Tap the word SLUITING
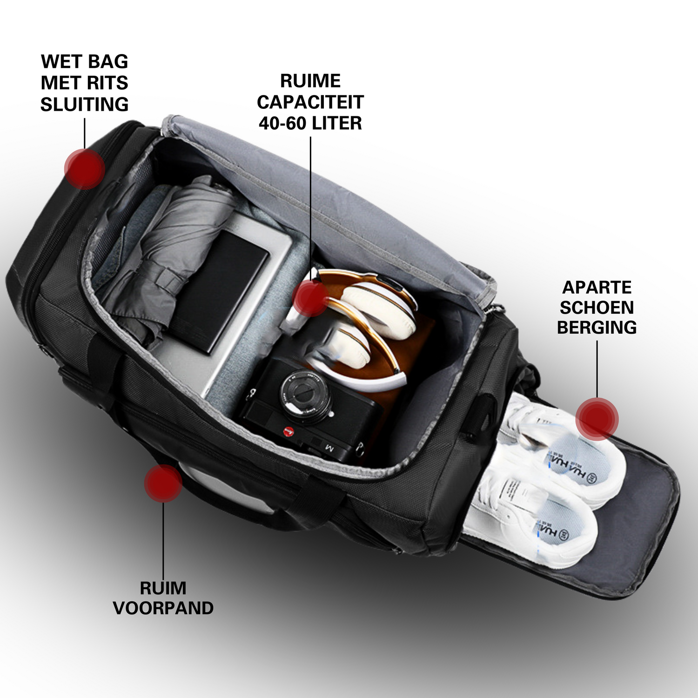pyautogui.click(x=84, y=104)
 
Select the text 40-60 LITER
pyautogui.click(x=310, y=123)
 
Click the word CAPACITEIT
pyautogui.click(x=310, y=102)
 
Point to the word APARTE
pyautogui.click(x=597, y=287)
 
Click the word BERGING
pyautogui.click(x=597, y=328)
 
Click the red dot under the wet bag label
pyautogui.click(x=84, y=168)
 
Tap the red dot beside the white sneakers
pyautogui.click(x=597, y=419)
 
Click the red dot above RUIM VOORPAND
pyautogui.click(x=163, y=483)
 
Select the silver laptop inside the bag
pyautogui.click(x=219, y=302)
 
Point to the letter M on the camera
pyautogui.click(x=329, y=448)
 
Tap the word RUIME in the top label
pyautogui.click(x=310, y=81)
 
